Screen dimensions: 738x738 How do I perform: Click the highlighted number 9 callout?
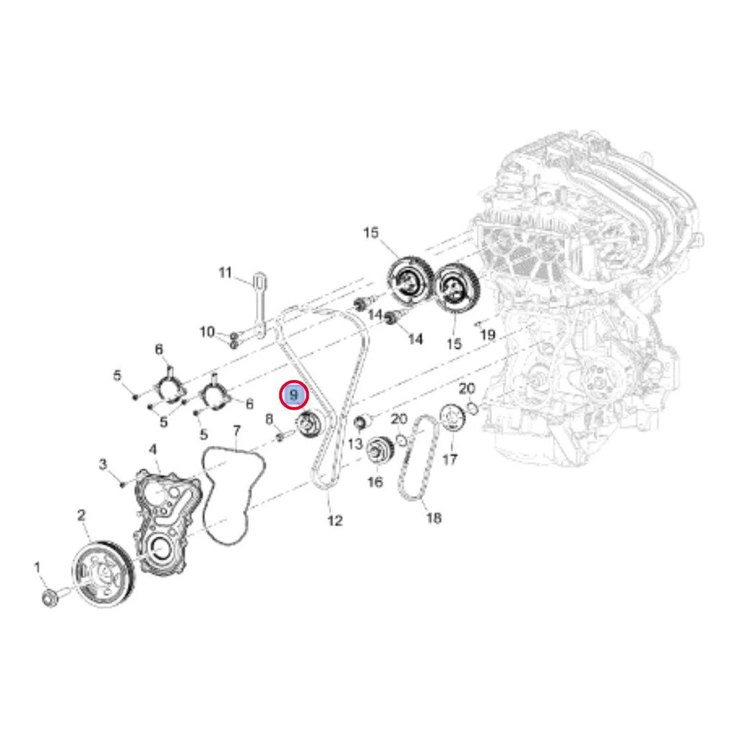pos(293,394)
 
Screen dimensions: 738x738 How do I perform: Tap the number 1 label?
pos(37,568)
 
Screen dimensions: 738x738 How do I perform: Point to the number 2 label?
pos(81,515)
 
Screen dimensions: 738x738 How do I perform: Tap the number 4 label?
pos(153,450)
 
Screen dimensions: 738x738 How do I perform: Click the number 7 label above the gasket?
pos(236,430)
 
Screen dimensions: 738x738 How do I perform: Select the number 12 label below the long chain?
pos(335,520)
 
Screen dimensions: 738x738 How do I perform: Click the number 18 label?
pos(433,518)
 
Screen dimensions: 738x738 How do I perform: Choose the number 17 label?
pos(450,458)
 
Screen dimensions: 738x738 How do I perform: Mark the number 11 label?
pos(226,272)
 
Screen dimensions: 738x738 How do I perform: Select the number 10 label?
pos(207,332)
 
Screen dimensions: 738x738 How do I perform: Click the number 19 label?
pos(488,334)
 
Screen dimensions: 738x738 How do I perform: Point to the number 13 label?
pos(355,443)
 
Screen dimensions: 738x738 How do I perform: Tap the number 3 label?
pos(104,465)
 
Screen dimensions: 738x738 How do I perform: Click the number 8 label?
pos(270,419)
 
